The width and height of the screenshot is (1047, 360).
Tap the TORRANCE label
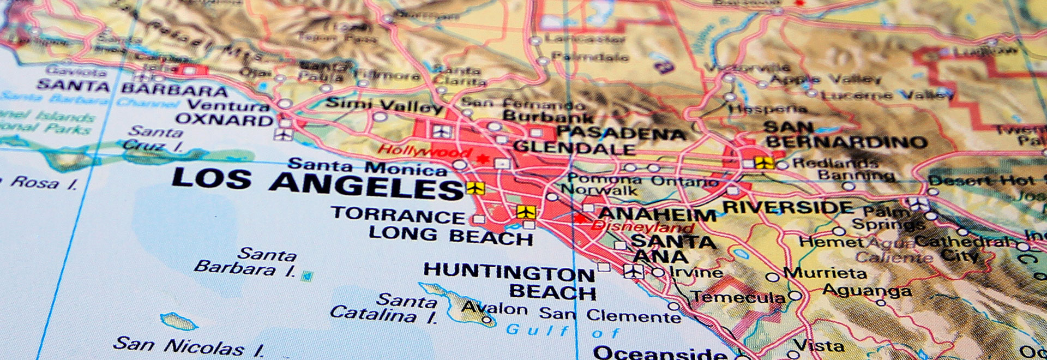(398, 214)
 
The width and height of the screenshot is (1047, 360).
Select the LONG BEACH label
(450, 236)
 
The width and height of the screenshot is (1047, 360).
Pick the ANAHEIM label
(657, 214)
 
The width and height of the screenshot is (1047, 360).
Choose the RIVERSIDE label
(788, 207)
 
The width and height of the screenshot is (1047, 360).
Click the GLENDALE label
(574, 147)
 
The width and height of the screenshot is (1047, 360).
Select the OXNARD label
(224, 119)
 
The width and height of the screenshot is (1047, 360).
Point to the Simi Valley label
(384, 104)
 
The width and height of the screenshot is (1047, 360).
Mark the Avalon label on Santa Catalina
(494, 308)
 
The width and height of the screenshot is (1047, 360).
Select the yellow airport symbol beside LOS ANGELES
(475, 188)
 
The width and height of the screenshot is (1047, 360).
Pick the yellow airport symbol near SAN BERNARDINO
(764, 162)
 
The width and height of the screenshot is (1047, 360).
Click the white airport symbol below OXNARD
(283, 134)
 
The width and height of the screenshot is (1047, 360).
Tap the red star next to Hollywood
(482, 159)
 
